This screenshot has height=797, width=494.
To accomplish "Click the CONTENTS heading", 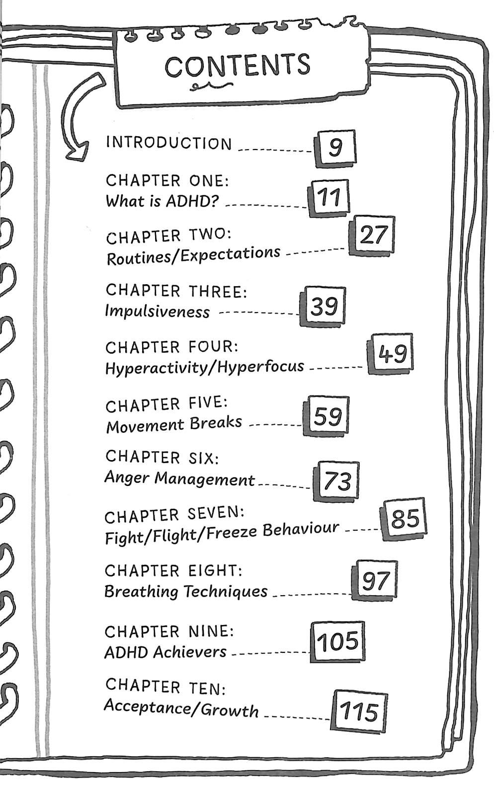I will pyautogui.click(x=238, y=66).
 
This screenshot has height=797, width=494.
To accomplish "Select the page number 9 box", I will pyautogui.click(x=336, y=147).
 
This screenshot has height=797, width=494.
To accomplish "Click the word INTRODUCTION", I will pyautogui.click(x=169, y=143).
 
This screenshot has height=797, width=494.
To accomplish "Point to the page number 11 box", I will pyautogui.click(x=329, y=198).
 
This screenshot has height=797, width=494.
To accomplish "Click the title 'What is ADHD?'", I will pyautogui.click(x=163, y=201).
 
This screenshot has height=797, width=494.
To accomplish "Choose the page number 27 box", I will pyautogui.click(x=372, y=236).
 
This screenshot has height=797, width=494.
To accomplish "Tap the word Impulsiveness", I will pyautogui.click(x=157, y=311).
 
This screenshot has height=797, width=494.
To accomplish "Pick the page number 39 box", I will pyautogui.click(x=324, y=306).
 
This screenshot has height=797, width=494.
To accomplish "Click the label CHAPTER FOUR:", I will pyautogui.click(x=172, y=346).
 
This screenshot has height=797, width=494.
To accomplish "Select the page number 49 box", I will pyautogui.click(x=391, y=354).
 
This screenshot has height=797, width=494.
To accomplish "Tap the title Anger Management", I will pyautogui.click(x=179, y=478).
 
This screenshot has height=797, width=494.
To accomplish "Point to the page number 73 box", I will pyautogui.click(x=337, y=480).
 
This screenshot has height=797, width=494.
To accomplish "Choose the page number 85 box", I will pyautogui.click(x=405, y=519).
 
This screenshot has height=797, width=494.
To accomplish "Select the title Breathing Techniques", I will pyautogui.click(x=186, y=591).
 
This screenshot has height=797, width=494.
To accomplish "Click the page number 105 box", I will pyautogui.click(x=337, y=641).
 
